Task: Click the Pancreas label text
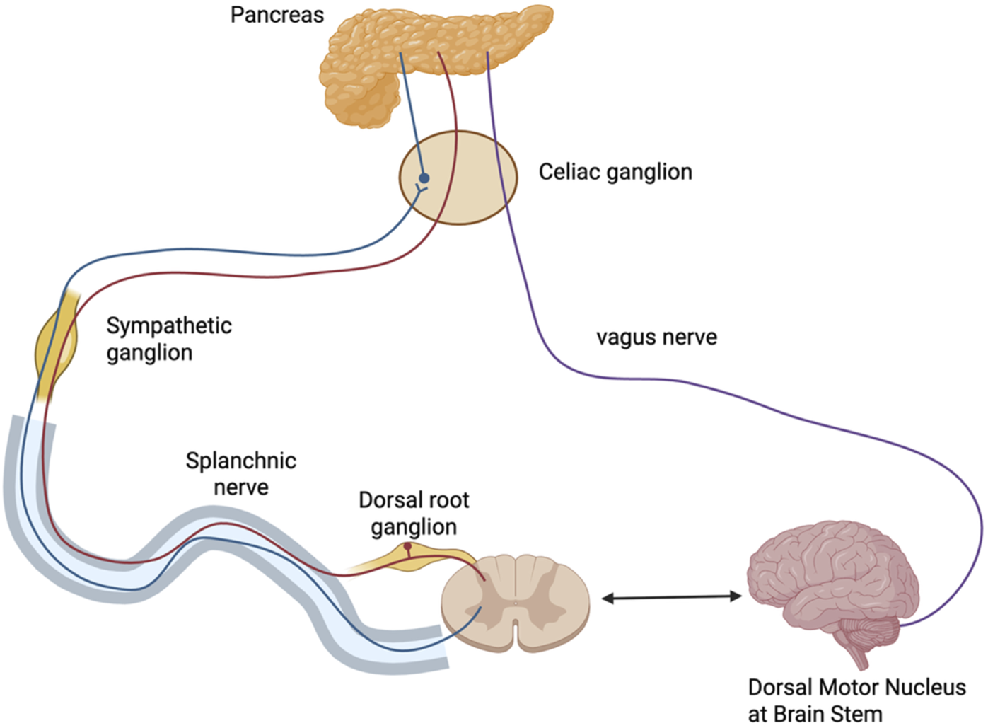pos(277,15)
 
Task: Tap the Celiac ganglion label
pos(615,172)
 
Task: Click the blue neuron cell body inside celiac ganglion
pos(424,178)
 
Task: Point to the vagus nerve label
pos(656,337)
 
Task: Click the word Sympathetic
pos(169,325)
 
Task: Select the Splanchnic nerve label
pos(240,473)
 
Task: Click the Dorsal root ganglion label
pos(414,513)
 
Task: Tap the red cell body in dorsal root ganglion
pos(407,546)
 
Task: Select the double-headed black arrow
pos(671,598)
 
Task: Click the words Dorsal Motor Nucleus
pos(856,687)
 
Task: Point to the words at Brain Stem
pos(815,713)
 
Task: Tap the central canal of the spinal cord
pos(516,603)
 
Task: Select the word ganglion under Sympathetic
pos(149,353)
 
